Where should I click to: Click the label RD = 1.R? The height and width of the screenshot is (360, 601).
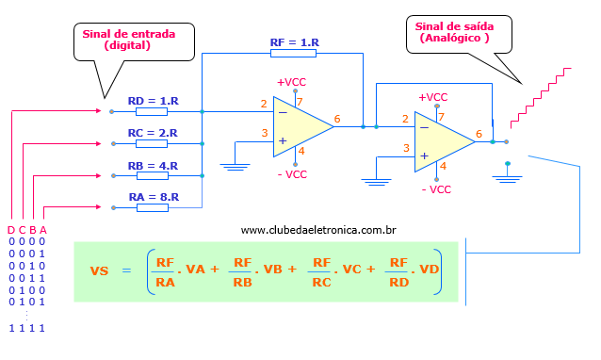click(x=153, y=100)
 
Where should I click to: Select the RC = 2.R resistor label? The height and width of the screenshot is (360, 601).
click(x=153, y=133)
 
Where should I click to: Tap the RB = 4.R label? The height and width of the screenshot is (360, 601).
click(x=153, y=166)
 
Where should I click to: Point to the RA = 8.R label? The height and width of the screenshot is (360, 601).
click(x=153, y=198)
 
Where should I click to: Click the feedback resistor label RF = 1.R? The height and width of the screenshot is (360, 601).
click(x=295, y=42)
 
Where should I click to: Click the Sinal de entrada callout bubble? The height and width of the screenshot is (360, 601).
click(x=128, y=40)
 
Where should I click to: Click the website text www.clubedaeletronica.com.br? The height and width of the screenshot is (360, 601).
click(x=317, y=230)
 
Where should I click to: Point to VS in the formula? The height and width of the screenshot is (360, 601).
click(x=100, y=270)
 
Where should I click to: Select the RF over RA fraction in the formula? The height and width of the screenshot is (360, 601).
click(x=166, y=270)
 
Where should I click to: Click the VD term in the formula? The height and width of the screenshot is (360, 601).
click(x=429, y=270)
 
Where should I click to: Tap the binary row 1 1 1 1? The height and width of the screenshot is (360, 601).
click(x=26, y=328)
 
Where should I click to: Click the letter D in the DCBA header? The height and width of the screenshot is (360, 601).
click(x=10, y=230)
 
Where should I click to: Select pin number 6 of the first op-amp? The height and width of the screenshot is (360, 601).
click(x=337, y=119)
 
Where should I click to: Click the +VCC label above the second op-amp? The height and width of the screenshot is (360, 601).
click(x=433, y=97)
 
